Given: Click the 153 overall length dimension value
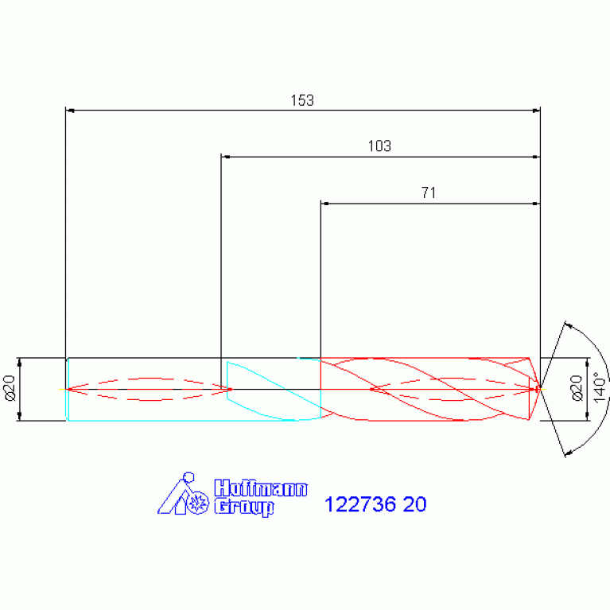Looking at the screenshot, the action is point(302,100).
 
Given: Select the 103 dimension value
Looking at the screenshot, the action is point(379,146).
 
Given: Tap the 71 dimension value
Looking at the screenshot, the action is point(429,192).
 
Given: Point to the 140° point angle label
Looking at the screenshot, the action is point(600,387).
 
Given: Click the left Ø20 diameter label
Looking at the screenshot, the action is point(10,388).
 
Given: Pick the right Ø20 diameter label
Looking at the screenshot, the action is point(577,388).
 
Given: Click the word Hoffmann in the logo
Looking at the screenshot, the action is point(261,488).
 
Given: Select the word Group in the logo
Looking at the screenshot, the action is point(244,507).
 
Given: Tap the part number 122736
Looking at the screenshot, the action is point(359,504).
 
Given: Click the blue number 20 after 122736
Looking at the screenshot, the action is point(414,504).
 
